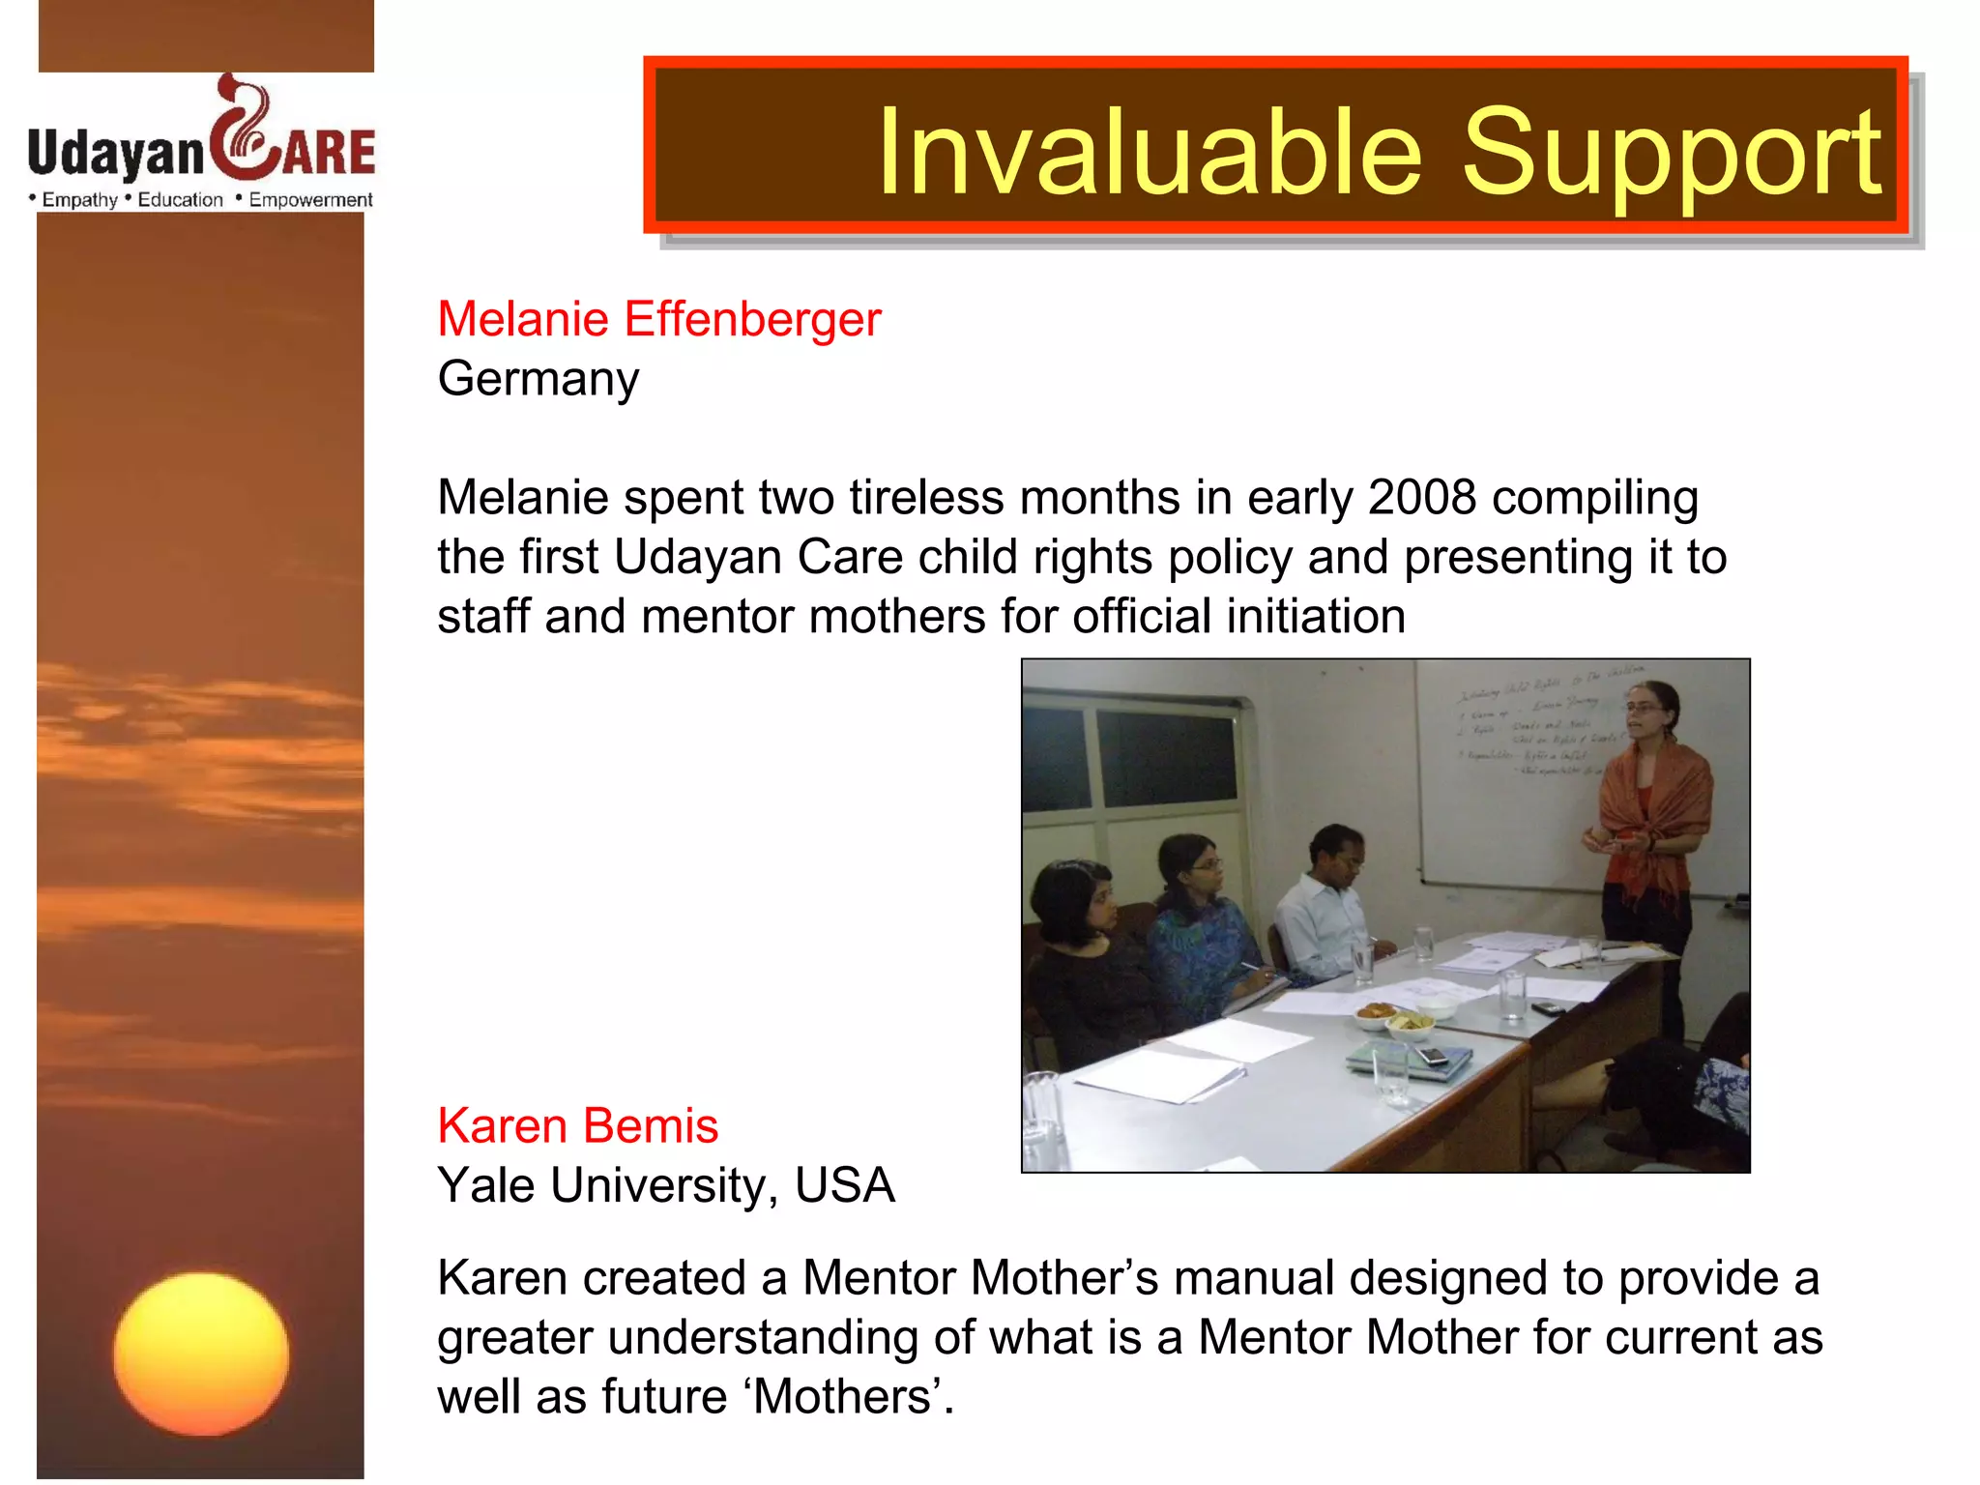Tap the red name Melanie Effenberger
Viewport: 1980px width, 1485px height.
point(658,319)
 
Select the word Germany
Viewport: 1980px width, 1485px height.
point(538,379)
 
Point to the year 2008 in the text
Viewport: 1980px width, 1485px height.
point(1421,498)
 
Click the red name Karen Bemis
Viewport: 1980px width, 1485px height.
point(577,1126)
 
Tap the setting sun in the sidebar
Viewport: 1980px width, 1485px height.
point(201,1354)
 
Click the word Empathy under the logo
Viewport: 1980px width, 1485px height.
point(79,200)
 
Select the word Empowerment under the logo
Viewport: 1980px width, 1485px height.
point(310,200)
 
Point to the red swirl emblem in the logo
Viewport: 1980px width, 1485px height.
point(242,131)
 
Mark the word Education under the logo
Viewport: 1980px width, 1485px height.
point(180,200)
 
